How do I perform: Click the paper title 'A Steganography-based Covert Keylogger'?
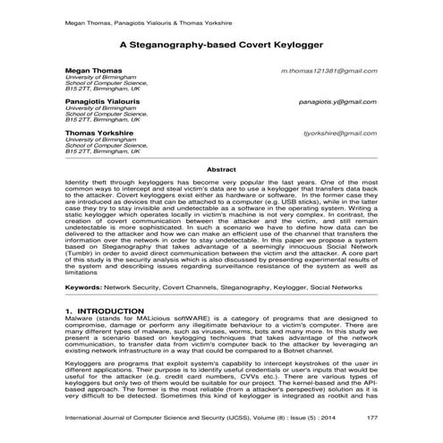(x=221, y=41)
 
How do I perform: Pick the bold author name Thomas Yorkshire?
(x=98, y=132)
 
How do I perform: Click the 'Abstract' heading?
(x=221, y=168)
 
